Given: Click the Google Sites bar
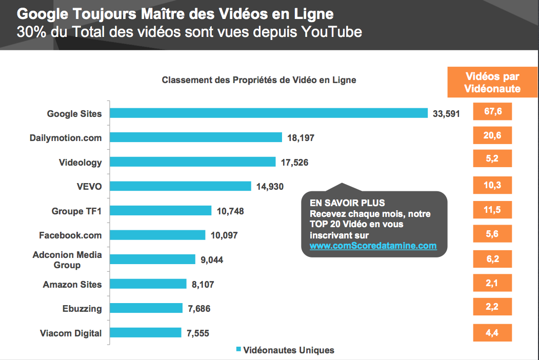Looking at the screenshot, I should (269, 113).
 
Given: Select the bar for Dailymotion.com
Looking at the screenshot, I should (196, 137).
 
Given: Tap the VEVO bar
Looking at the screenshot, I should (181, 186).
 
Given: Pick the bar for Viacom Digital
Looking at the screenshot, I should (146, 333).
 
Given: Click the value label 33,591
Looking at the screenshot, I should (446, 113).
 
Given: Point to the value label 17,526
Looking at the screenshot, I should (294, 163).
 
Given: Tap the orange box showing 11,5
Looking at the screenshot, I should (492, 210).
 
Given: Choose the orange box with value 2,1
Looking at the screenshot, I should (492, 283).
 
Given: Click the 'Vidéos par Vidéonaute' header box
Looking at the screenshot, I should (492, 83).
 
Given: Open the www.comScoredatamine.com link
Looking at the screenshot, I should (373, 246).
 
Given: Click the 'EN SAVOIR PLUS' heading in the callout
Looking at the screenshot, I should (347, 203).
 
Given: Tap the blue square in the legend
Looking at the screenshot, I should (238, 350).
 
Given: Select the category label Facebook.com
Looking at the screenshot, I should (70, 235).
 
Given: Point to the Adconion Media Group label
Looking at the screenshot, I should (67, 260).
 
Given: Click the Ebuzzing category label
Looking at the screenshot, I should (82, 309).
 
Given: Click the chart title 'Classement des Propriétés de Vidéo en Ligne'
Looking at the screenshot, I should (259, 80).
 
